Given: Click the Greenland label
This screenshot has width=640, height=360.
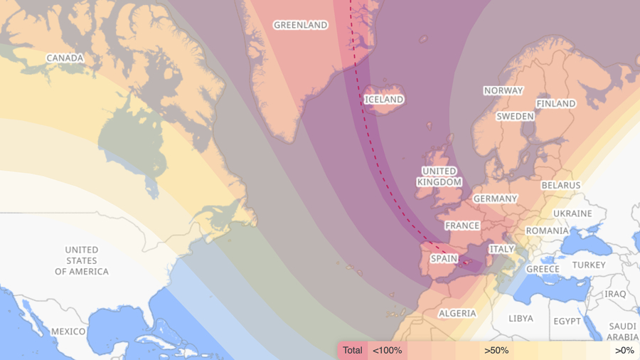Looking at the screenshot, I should (301, 25).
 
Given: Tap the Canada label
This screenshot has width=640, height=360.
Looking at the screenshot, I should (65, 58).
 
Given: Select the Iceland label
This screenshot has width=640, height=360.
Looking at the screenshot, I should (384, 100).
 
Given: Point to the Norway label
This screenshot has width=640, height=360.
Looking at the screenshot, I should (503, 90).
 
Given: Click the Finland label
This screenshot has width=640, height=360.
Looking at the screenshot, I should (556, 103).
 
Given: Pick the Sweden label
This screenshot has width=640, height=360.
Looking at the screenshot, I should (515, 116).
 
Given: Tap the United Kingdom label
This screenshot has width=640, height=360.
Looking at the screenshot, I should (439, 176).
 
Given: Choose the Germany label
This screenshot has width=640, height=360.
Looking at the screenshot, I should (495, 198).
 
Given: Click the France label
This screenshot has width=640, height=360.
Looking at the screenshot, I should (462, 226).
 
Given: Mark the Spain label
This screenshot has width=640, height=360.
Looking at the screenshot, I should (444, 259).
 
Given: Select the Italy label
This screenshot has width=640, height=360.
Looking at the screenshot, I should (501, 249).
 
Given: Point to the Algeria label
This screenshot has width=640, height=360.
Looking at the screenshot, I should (457, 314).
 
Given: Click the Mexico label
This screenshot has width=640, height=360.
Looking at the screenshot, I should (68, 332).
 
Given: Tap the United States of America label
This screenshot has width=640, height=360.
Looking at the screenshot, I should (82, 260).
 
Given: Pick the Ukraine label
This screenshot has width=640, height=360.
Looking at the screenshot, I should (572, 213).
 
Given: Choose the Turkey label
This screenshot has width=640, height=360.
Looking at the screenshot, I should (589, 265).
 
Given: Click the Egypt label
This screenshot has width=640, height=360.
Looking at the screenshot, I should (567, 321).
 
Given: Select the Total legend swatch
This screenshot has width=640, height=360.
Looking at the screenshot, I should (352, 350).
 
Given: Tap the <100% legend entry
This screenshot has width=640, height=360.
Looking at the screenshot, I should (387, 350).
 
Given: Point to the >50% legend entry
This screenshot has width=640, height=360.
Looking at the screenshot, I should (496, 350).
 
